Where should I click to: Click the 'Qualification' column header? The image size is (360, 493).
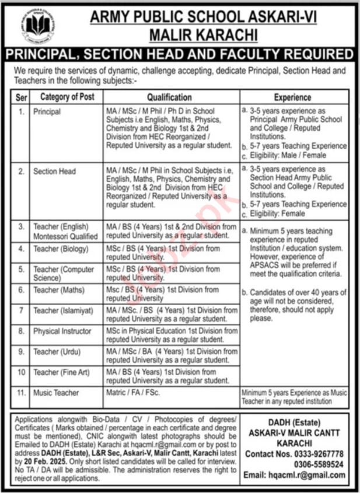click(169, 97)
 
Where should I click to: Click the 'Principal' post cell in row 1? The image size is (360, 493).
click(47, 110)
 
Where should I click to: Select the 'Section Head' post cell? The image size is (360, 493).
click(55, 172)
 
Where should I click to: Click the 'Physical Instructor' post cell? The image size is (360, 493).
click(62, 331)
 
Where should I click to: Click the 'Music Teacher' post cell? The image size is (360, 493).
click(56, 393)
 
